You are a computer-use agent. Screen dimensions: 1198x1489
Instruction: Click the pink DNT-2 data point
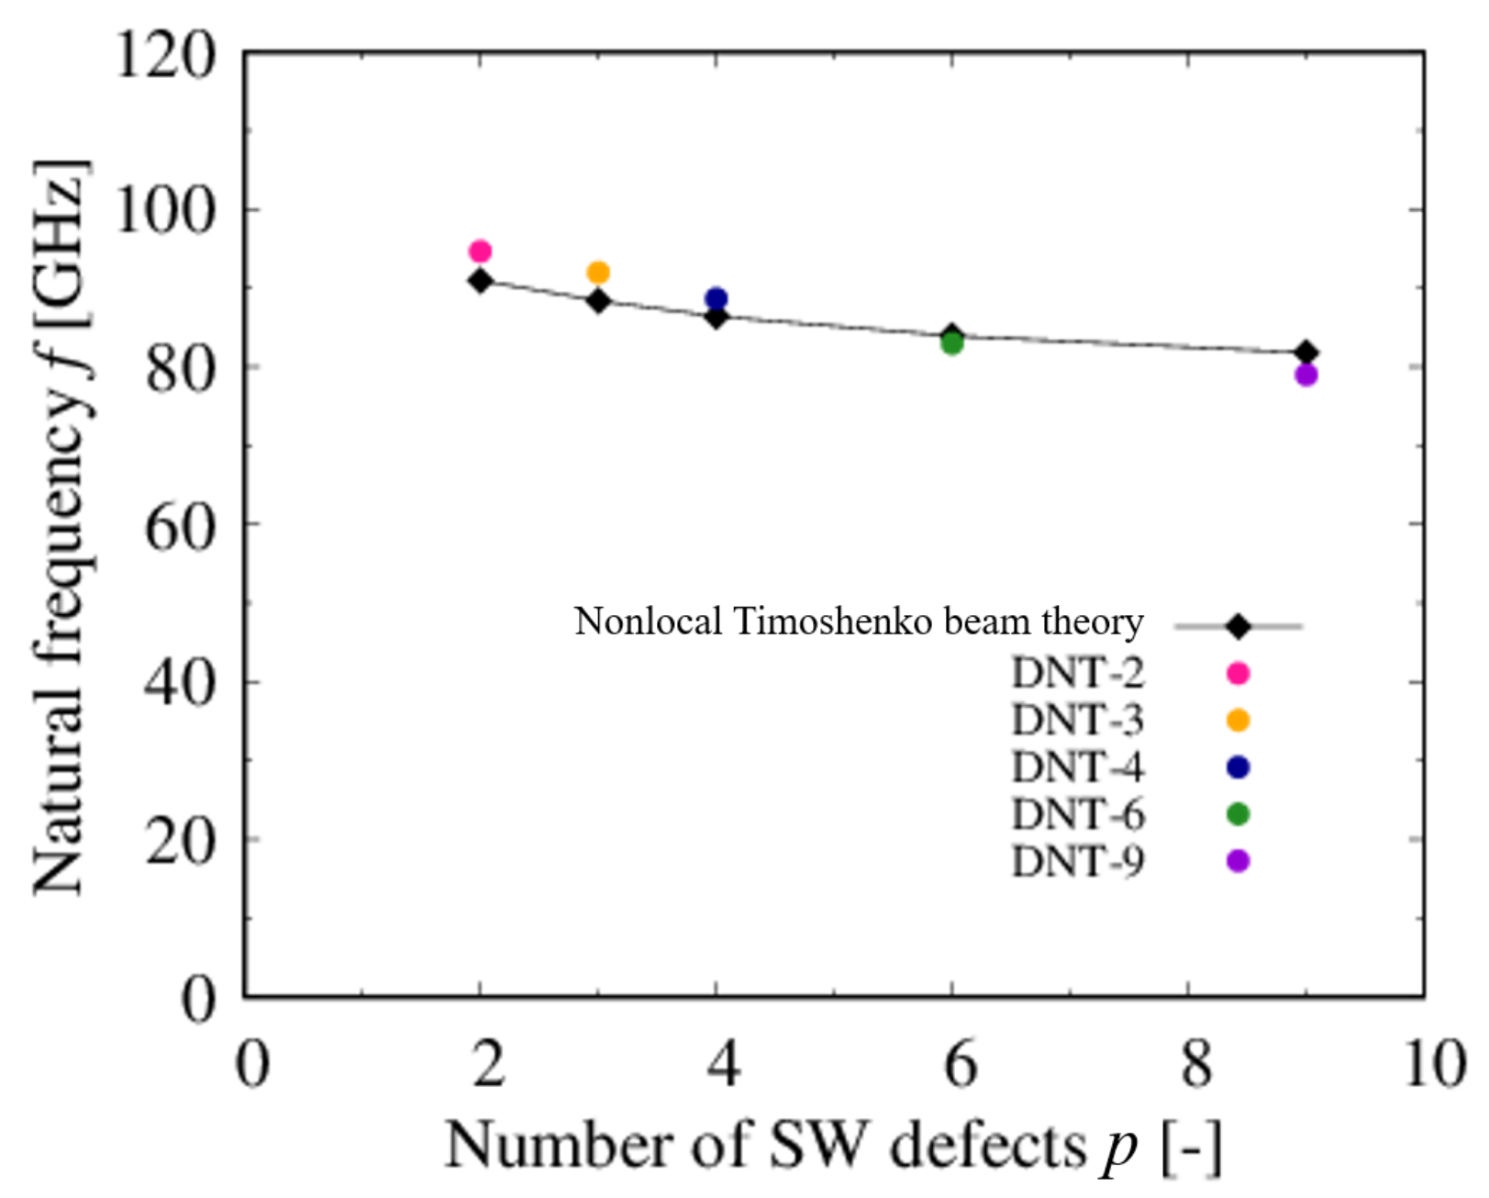coord(480,252)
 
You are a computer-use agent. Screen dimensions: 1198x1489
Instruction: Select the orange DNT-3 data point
coord(598,273)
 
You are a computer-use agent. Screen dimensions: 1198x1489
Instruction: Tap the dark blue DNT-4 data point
coord(717,298)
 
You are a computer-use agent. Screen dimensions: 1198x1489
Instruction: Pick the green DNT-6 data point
coord(952,344)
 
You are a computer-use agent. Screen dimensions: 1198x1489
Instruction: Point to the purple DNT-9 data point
coord(1306,375)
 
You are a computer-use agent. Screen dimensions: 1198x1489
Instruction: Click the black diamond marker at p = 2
coord(480,281)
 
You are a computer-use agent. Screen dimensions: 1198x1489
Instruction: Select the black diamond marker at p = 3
coord(598,301)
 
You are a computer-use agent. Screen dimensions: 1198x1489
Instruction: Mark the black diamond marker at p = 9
coord(1306,353)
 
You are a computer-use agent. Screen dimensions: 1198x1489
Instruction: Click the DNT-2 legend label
coord(1078,674)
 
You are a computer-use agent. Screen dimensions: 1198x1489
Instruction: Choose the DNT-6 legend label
coord(1078,814)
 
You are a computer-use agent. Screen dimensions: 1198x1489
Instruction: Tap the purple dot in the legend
coord(1238,861)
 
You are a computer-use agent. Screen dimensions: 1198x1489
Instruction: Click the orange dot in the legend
coord(1238,721)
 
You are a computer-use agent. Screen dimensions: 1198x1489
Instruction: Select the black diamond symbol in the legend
coord(1238,627)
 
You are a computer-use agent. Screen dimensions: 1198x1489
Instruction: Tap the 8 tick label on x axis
coord(1195,1065)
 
